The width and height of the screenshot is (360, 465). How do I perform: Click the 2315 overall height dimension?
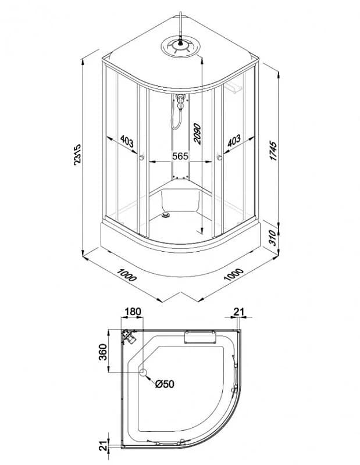77,154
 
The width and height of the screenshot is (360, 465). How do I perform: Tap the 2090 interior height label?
197,134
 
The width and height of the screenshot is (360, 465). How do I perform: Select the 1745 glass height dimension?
273,151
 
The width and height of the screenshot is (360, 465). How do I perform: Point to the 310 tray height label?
273,238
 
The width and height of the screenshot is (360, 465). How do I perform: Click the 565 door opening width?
180,155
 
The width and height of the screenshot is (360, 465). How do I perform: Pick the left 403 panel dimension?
127,142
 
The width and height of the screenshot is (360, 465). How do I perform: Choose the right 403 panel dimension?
234,141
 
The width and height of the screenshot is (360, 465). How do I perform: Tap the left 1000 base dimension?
127,275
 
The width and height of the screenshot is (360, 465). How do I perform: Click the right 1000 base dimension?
234,274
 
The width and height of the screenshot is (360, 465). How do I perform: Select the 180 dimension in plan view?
132,312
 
